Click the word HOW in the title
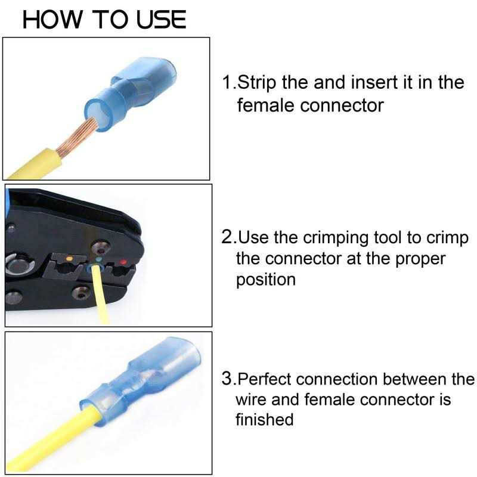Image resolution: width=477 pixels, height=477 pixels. pyautogui.click(x=52, y=20)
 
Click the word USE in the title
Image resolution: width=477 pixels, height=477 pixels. pyautogui.click(x=160, y=20)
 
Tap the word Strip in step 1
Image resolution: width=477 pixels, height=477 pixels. pyautogui.click(x=256, y=83)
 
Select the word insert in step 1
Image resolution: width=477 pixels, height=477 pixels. pyautogui.click(x=374, y=82)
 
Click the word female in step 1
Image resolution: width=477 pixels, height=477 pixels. pyautogui.click(x=265, y=106)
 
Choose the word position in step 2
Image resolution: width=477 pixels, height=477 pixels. pyautogui.click(x=265, y=280)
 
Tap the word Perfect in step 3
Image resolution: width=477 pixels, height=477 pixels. pyautogui.click(x=264, y=379)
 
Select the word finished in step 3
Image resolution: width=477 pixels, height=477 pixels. pyautogui.click(x=264, y=419)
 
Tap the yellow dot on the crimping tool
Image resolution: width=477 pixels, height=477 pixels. pyautogui.click(x=69, y=259)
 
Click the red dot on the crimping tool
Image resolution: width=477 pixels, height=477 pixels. pyautogui.click(x=123, y=262)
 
